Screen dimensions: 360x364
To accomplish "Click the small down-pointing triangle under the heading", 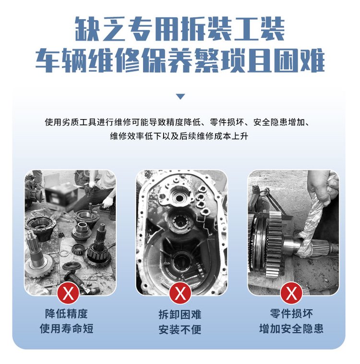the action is click(180, 97).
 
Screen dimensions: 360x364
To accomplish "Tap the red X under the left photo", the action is click(68, 293).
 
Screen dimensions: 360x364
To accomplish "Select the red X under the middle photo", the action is click(180, 293).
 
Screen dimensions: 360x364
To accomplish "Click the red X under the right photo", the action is click(291, 293).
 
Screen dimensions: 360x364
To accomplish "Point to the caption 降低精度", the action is click(67, 314).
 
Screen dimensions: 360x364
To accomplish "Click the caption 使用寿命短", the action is click(67, 328).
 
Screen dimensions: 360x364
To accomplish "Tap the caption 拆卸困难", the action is click(180, 315).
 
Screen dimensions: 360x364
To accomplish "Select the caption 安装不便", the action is click(180, 329).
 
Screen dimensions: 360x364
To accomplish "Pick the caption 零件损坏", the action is click(291, 314).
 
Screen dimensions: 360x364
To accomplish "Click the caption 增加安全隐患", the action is click(291, 328).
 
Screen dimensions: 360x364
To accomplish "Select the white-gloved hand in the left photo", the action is click(108, 202).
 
